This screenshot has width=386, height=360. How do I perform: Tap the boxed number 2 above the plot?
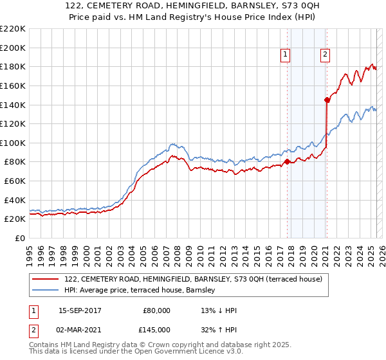pos(326,55)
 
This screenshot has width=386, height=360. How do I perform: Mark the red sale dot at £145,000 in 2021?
pos(327,100)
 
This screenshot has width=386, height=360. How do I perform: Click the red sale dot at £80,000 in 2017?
pos(287,161)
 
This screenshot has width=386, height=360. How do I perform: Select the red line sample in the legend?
pos(46,279)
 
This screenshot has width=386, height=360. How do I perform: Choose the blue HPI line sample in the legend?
pos(46,291)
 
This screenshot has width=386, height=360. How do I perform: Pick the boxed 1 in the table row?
pos(33,310)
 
